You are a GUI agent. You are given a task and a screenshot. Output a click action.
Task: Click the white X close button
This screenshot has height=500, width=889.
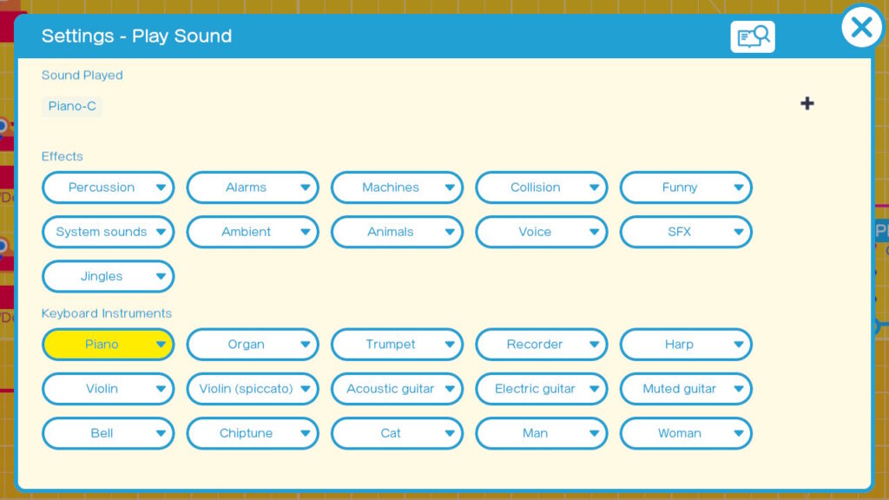pos(862,27)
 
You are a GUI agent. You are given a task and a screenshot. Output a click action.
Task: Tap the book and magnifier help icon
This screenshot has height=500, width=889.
pos(753,36)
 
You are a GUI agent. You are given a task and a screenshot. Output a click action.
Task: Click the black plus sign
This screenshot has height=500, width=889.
pos(807,103)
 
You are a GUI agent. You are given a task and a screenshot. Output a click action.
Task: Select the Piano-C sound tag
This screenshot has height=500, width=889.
pos(72,106)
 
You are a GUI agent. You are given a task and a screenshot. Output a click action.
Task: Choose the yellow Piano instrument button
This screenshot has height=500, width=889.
pos(108,344)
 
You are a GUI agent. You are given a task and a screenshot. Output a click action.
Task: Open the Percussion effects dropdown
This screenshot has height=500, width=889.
pos(108,187)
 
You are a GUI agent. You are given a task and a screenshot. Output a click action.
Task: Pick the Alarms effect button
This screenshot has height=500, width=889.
pos(253,187)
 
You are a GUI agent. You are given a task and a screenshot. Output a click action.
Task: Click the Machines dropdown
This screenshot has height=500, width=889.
pos(397,187)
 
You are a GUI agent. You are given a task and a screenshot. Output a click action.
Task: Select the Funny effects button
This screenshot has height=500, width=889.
pos(686,187)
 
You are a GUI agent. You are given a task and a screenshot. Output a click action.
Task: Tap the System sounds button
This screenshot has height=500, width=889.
pos(108,232)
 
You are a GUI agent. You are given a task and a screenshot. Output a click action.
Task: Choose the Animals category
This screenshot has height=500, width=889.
pos(397,232)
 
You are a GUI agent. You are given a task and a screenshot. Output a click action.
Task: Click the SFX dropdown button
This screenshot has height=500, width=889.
pos(686,232)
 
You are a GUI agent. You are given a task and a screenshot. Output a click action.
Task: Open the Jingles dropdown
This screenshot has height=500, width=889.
pos(108,276)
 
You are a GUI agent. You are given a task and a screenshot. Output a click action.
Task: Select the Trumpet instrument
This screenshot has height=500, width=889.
pos(397,344)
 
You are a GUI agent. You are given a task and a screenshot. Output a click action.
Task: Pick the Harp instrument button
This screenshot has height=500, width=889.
pos(686,344)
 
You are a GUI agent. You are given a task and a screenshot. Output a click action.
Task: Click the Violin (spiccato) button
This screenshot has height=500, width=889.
pos(253,389)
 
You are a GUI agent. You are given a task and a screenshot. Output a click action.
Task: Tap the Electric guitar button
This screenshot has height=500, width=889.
pos(542,389)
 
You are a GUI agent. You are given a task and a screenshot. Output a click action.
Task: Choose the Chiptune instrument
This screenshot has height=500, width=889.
pos(253,433)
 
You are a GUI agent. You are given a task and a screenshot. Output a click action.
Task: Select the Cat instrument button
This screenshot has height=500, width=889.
pos(397,433)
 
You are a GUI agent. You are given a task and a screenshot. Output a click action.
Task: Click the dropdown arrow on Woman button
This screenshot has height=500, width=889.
pos(738,434)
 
